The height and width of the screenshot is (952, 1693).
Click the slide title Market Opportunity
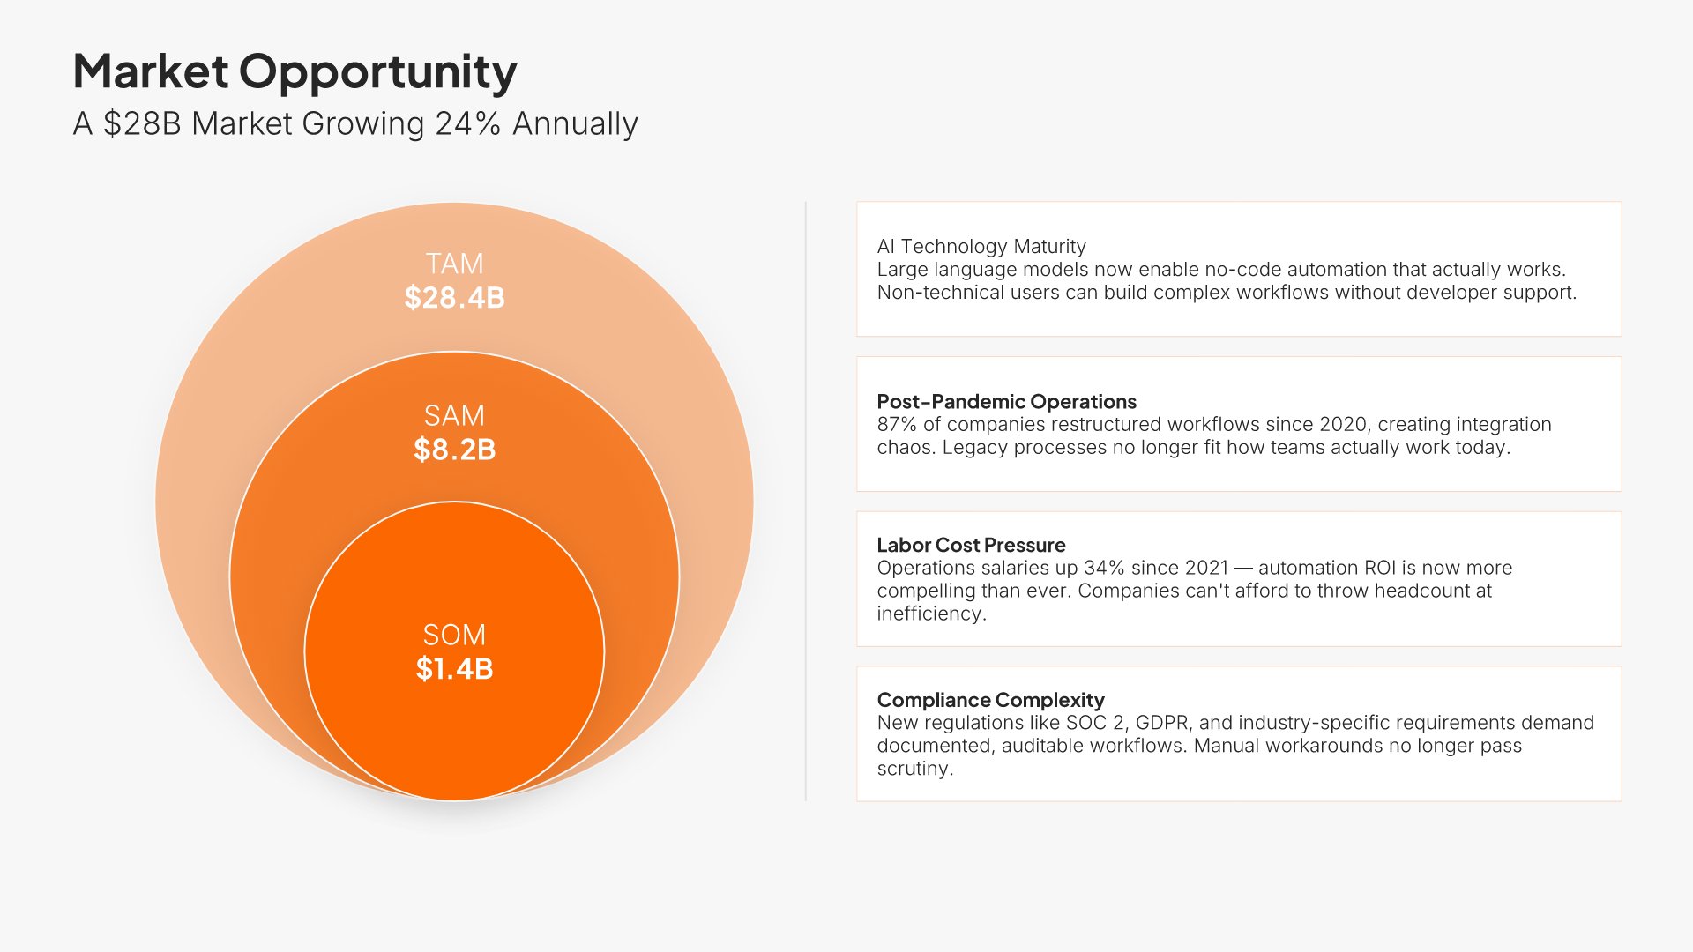click(295, 71)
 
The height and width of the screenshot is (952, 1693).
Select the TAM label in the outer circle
click(454, 264)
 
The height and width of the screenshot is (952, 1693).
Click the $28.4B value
click(454, 297)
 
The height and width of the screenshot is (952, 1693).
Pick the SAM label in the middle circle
click(454, 415)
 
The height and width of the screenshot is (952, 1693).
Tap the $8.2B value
click(454, 450)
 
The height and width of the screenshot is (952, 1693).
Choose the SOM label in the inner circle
click(454, 635)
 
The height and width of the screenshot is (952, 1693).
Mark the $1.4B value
click(454, 668)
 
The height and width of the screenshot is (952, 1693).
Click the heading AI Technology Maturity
click(981, 246)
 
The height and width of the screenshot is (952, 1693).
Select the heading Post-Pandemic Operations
click(1006, 401)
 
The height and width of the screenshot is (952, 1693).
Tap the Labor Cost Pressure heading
click(971, 545)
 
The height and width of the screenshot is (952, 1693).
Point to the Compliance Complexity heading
click(990, 700)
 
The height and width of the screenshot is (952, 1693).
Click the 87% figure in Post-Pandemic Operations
click(897, 424)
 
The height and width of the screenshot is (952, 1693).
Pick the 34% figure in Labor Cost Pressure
click(1105, 568)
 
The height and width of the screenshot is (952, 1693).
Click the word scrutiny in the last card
click(914, 769)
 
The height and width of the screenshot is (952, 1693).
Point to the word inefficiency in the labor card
click(931, 614)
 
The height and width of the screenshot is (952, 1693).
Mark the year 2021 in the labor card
click(1206, 568)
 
